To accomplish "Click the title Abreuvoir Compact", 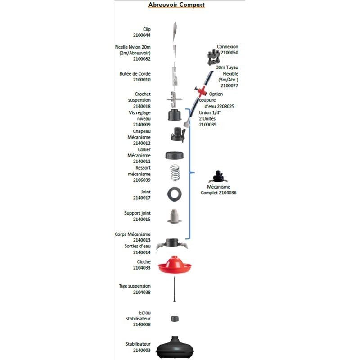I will point(177,5).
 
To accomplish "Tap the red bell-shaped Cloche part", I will point(175,265).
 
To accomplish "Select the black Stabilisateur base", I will point(175,346).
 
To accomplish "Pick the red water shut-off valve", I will point(197,90).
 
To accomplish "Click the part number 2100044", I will point(142,35).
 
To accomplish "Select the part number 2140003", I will point(142,349).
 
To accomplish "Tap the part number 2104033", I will point(142,267).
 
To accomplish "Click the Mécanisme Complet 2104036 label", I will point(219,189).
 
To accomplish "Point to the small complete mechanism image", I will point(219,175).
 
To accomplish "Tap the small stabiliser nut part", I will point(175,319).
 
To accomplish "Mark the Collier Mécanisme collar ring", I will point(175,155).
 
